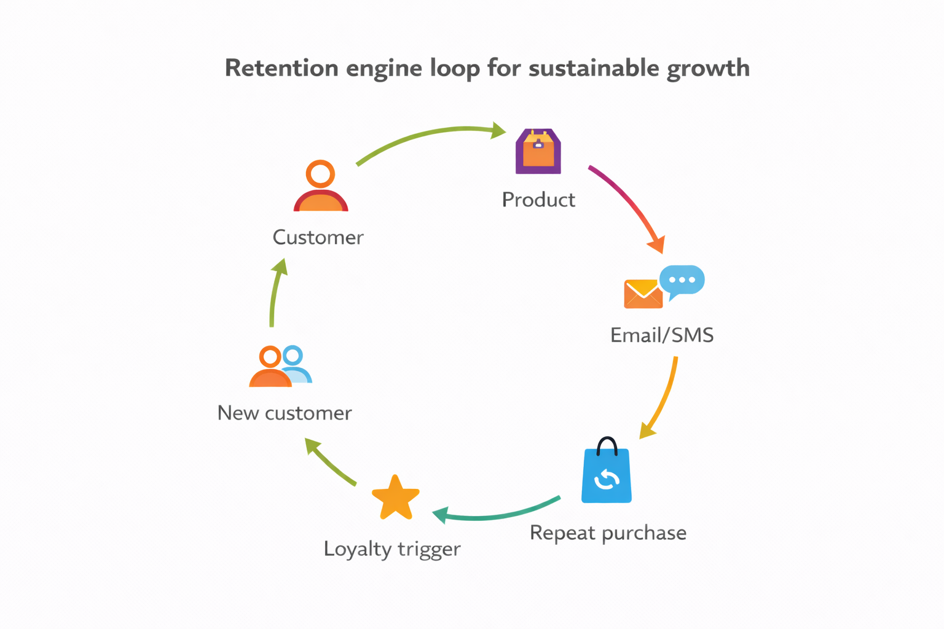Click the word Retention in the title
[x=281, y=68]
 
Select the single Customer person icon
[x=321, y=187]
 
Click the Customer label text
[x=318, y=237]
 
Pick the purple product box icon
[x=538, y=152]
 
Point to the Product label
[x=538, y=200]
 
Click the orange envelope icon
[x=642, y=294]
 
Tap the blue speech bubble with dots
[x=682, y=281]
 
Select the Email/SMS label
[x=662, y=335]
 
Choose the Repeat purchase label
[x=608, y=533]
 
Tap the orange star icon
[x=396, y=498]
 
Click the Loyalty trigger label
[x=392, y=549]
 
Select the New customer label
[x=285, y=413]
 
